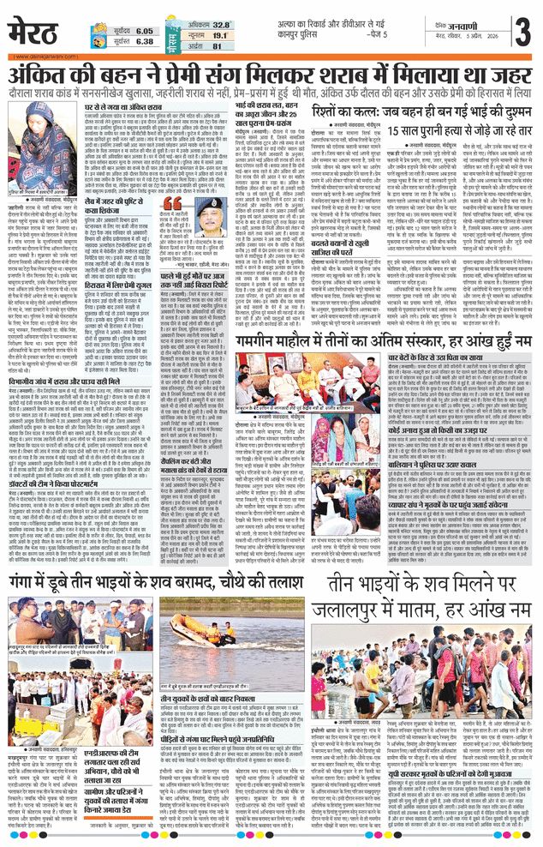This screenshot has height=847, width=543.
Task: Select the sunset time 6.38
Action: coord(144,41)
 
